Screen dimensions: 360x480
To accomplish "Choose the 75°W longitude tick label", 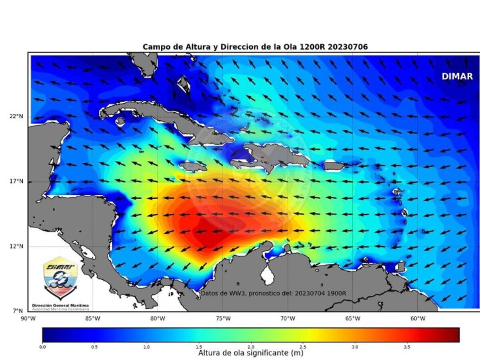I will tap(223, 318).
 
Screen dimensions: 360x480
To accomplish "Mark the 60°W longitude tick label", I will tap(418, 318).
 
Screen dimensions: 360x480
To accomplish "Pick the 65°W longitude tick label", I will tap(353, 318).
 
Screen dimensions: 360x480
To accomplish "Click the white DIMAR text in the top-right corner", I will tap(457, 76).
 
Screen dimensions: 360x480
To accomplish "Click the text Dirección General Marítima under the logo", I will tap(60, 305).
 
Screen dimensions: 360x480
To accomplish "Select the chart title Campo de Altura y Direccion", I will tap(255, 47).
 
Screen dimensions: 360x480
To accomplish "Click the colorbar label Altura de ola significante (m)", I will tap(251, 353).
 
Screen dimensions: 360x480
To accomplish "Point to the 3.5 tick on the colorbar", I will tap(407, 347).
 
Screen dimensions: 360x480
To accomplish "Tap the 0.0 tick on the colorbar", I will tap(43, 347).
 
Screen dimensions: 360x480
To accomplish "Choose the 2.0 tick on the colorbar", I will tap(251, 347).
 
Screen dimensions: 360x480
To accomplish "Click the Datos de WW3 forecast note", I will tap(274, 293).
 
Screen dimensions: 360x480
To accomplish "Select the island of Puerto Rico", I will tap(334, 165).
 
